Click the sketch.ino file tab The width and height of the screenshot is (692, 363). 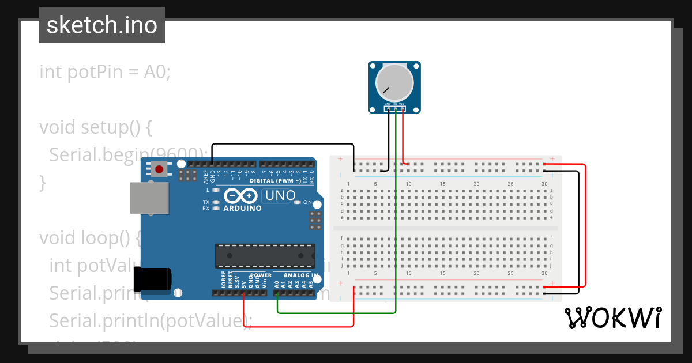point(102,25)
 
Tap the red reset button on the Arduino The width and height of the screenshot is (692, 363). point(160,169)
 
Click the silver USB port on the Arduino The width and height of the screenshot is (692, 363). point(149,199)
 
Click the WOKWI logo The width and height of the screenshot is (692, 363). point(613,317)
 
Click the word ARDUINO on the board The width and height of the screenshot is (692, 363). point(242,208)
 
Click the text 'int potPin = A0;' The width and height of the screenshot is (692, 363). point(105,73)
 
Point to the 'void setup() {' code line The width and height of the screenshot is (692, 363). point(95,127)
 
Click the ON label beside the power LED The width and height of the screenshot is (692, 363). point(307,202)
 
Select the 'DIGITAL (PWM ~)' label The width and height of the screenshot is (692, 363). point(275,181)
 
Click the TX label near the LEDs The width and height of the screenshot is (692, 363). point(206,202)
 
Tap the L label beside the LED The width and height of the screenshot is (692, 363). point(208,190)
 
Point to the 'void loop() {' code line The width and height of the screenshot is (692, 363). point(89,237)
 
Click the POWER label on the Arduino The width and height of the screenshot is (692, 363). point(261,275)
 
